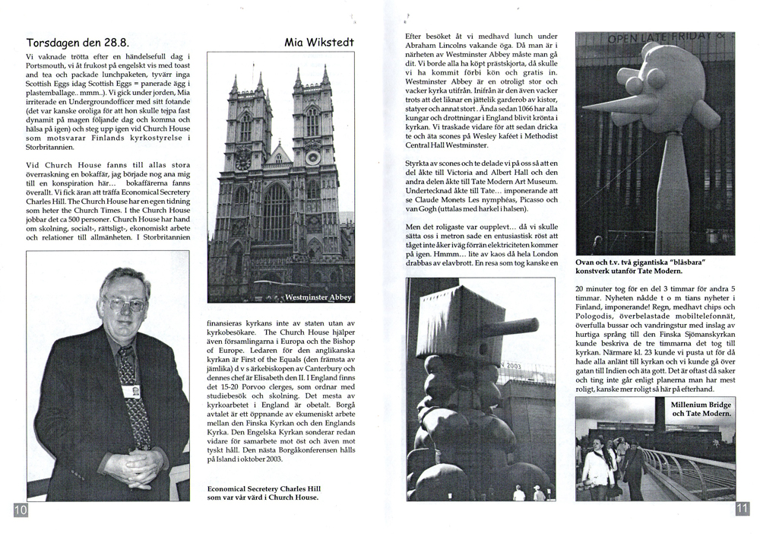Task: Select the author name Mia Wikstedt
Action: click(318, 43)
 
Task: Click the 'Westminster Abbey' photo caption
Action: click(318, 297)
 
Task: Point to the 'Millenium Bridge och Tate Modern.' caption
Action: click(700, 410)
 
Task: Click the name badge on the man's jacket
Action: click(131, 391)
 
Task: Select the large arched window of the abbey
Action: click(277, 212)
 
